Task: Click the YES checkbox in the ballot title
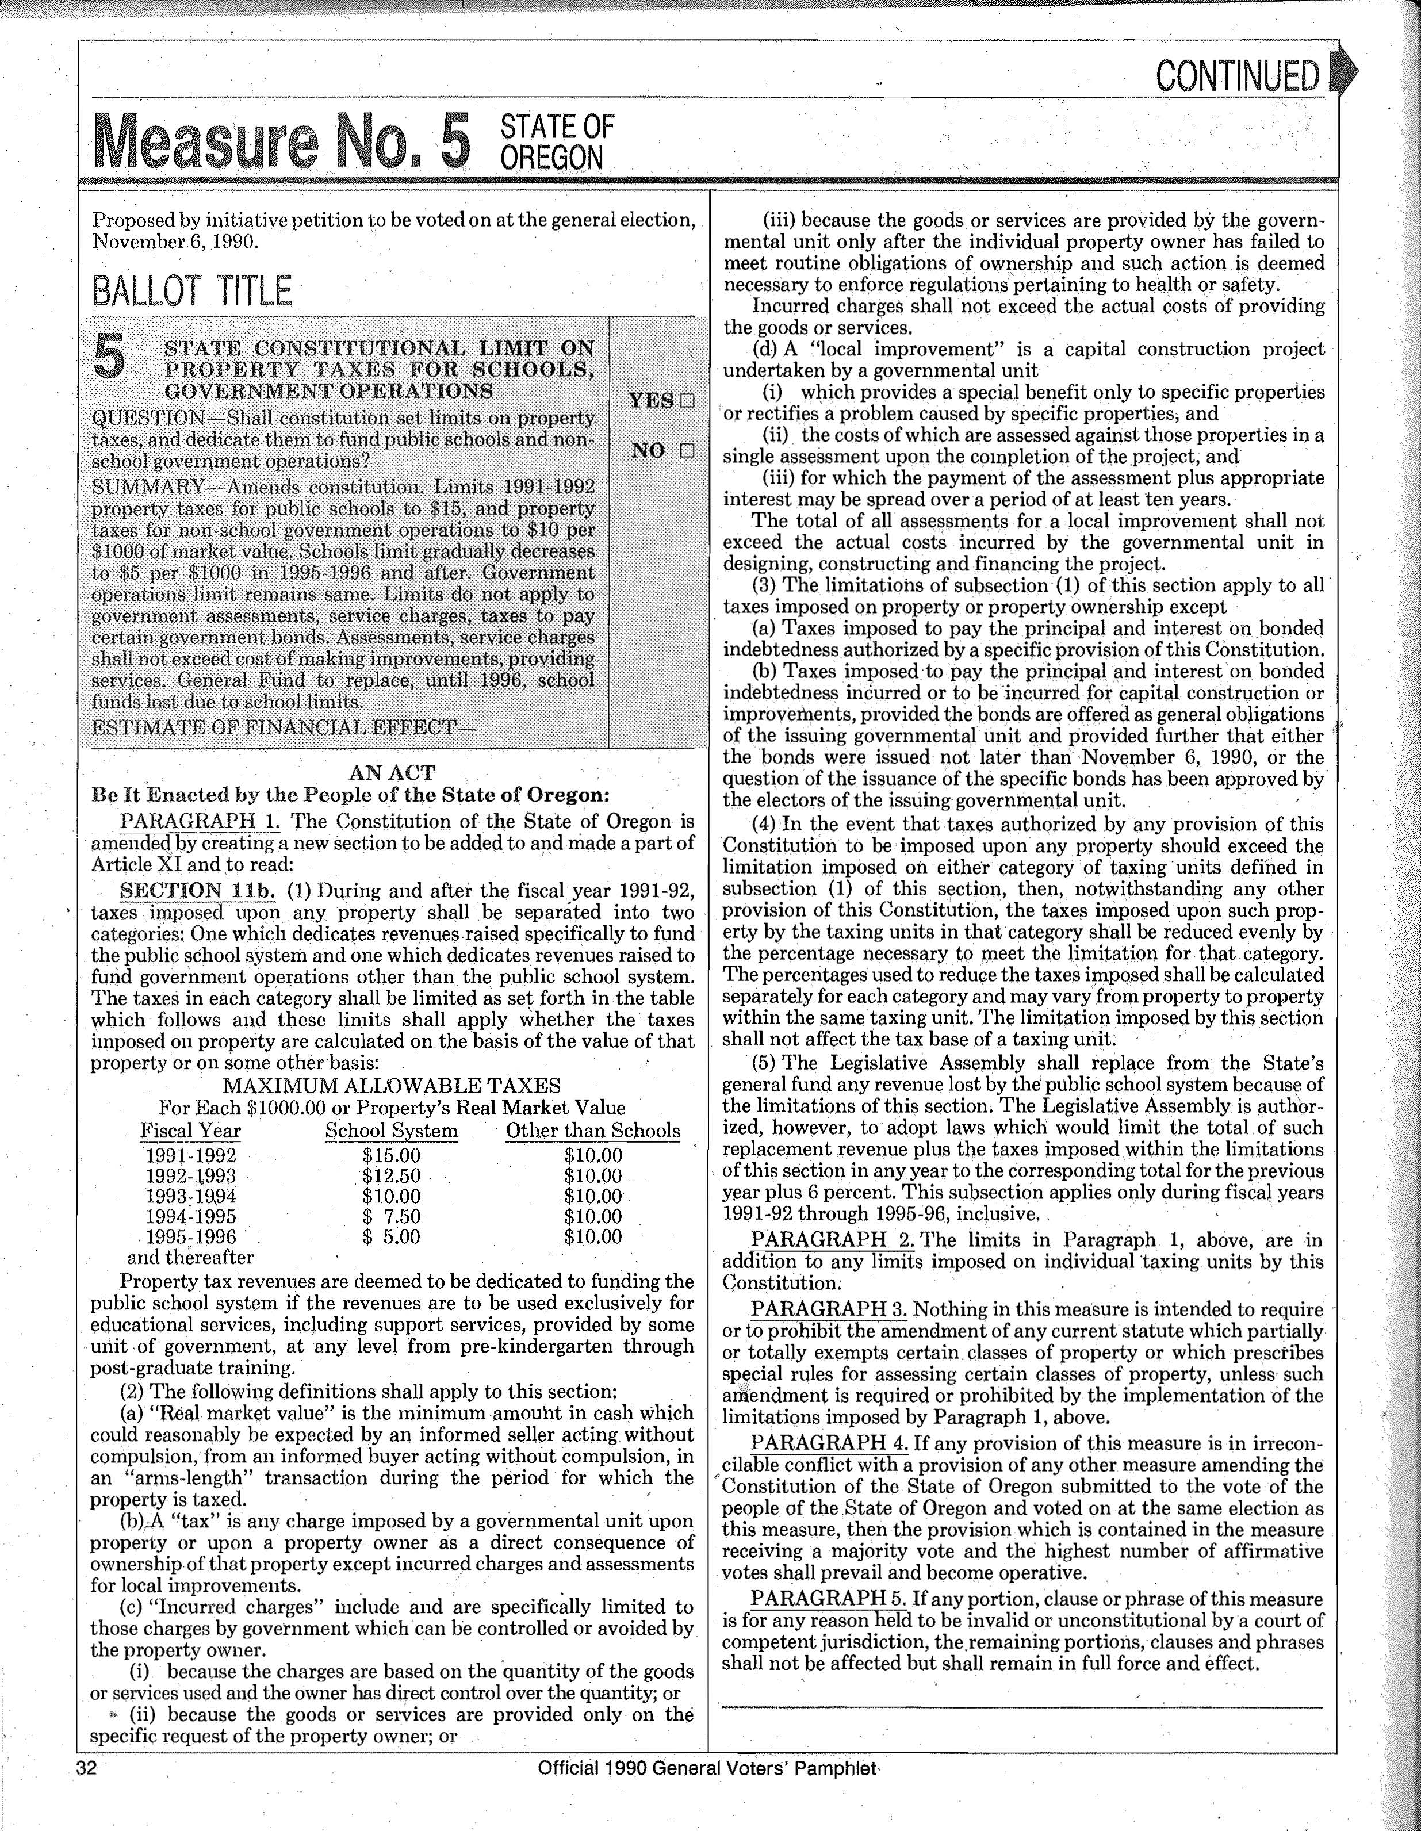pos(687,401)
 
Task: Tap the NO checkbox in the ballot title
pos(687,451)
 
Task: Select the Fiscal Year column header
pos(190,1131)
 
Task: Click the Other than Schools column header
pos(593,1131)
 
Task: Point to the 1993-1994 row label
pos(191,1196)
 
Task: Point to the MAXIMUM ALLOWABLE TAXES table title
pos(392,1086)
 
